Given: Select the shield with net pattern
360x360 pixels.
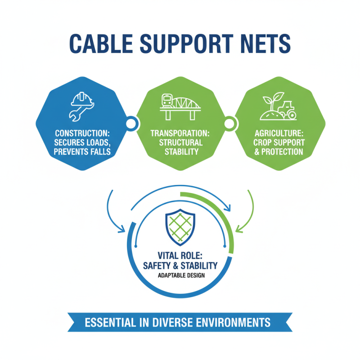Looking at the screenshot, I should [180, 227].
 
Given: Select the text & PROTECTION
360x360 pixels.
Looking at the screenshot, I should [279, 152].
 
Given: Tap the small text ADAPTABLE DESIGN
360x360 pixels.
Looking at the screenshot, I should [180, 275].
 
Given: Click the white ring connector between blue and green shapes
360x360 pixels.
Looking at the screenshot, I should [131, 122].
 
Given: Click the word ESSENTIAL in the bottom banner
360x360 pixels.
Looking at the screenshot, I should [112, 323].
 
